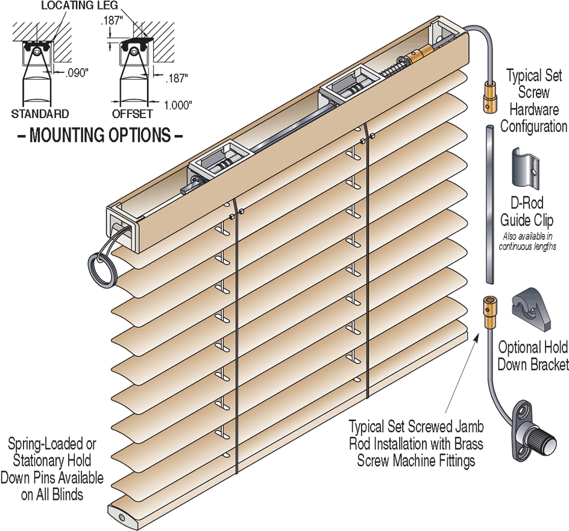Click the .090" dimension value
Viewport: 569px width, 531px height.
point(76,73)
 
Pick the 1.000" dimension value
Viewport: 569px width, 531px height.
point(178,105)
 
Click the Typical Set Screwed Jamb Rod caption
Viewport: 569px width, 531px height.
point(416,444)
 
